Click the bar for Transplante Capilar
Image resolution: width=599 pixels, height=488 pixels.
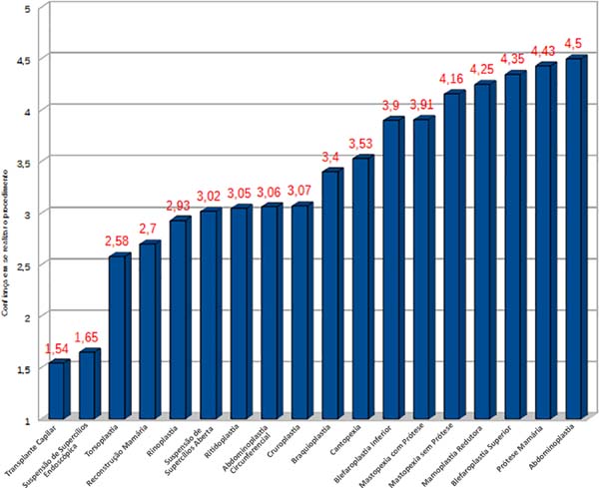coord(58,390)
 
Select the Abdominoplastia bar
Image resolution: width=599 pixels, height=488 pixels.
coord(574,240)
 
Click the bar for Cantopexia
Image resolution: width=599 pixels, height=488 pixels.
coord(362,288)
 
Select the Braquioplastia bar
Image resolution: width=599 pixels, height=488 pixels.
coord(331,295)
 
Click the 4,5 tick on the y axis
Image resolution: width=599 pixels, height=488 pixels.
coord(23,59)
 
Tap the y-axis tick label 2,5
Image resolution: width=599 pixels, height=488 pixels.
coord(23,265)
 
